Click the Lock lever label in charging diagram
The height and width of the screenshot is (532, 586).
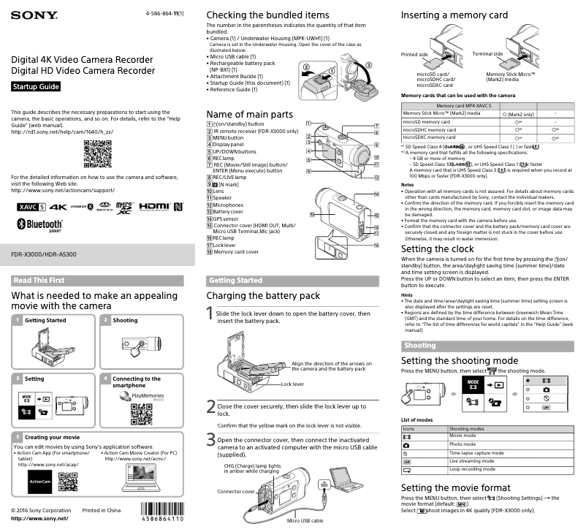(292, 384)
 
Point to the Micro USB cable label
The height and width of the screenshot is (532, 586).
(305, 520)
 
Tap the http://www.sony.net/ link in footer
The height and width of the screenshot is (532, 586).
(39, 518)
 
